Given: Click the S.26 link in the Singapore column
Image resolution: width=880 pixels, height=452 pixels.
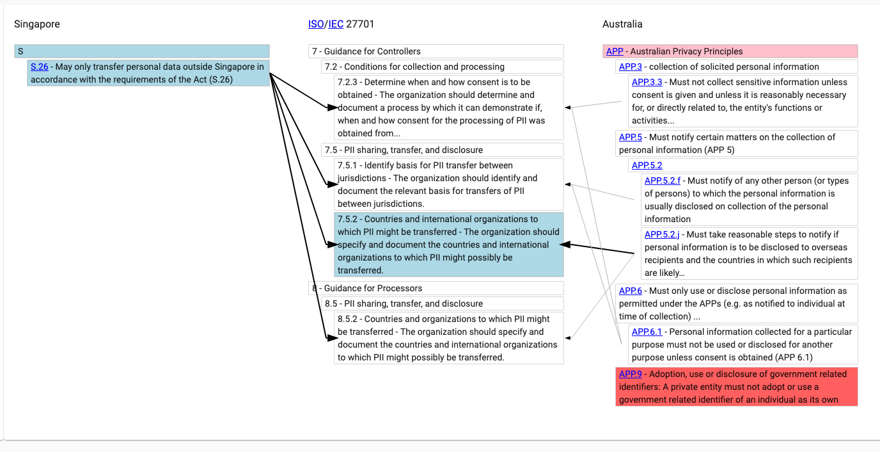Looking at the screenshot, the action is click(39, 67).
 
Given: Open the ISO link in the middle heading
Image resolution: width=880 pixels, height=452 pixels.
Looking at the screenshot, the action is click(316, 24).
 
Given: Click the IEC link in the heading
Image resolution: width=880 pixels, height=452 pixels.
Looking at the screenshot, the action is click(336, 24).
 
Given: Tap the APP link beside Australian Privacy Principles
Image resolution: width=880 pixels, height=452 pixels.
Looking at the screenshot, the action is click(615, 51).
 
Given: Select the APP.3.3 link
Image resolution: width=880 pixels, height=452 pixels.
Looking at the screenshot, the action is click(647, 82).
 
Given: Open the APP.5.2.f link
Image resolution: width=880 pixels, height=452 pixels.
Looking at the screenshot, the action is click(663, 181).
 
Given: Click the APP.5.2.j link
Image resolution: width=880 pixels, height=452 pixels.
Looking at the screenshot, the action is click(661, 234).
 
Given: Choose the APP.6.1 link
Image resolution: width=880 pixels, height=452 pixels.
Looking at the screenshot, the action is click(647, 332).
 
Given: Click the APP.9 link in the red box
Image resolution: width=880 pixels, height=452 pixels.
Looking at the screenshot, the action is click(630, 374).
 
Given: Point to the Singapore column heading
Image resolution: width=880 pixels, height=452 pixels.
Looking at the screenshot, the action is click(37, 24).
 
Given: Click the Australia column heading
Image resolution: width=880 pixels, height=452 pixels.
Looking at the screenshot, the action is click(622, 24).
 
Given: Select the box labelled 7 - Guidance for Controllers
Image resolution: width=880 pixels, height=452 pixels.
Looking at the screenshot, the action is click(436, 51).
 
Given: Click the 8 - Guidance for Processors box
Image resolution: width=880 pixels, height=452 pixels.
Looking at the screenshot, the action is click(436, 288).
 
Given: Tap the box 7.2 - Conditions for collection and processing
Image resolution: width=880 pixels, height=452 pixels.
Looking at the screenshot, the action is click(443, 67).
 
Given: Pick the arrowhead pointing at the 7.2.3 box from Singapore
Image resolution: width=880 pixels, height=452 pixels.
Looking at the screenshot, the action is click(333, 108).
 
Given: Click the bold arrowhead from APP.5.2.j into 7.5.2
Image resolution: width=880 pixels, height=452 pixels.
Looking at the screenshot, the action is click(565, 245).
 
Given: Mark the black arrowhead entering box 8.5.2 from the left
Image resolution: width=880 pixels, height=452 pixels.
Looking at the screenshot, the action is click(333, 338).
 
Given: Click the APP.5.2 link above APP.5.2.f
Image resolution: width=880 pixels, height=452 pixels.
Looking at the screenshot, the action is click(647, 165).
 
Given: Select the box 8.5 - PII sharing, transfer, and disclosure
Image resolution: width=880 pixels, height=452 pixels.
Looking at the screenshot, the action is click(443, 303).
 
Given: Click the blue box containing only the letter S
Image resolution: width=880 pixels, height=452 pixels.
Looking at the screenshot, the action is click(142, 51).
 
